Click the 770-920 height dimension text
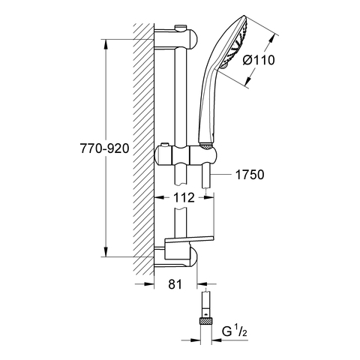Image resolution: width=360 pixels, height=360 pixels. pyautogui.click(x=104, y=148)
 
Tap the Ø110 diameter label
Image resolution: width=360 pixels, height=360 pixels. pyautogui.click(x=259, y=60)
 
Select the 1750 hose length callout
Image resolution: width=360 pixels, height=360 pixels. pyautogui.click(x=250, y=175)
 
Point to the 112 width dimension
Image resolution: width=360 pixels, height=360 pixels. pyautogui.click(x=184, y=197)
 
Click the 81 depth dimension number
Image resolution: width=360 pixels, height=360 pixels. pyautogui.click(x=175, y=284)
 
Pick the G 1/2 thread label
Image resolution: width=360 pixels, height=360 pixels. pyautogui.click(x=235, y=331)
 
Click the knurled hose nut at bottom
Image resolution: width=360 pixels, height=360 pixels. pyautogui.click(x=206, y=320)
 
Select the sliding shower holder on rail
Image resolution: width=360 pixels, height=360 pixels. pyautogui.click(x=187, y=156)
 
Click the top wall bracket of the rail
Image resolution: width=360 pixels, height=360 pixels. pyautogui.click(x=176, y=39)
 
